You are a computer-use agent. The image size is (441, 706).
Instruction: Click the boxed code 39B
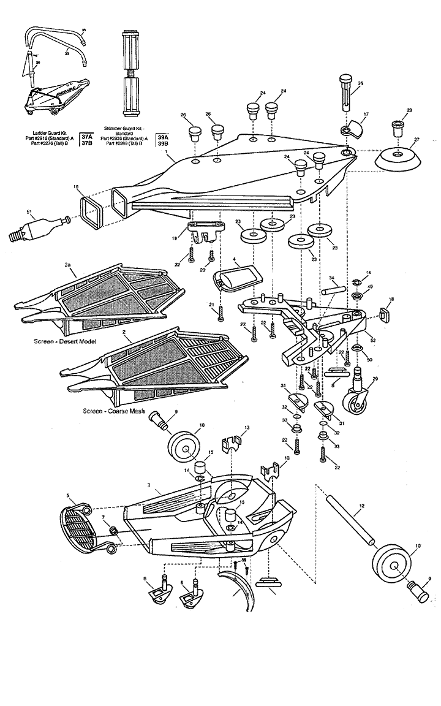162,144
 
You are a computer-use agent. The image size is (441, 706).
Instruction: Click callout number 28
409,110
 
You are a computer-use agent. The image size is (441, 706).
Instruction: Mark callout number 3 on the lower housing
148,484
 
